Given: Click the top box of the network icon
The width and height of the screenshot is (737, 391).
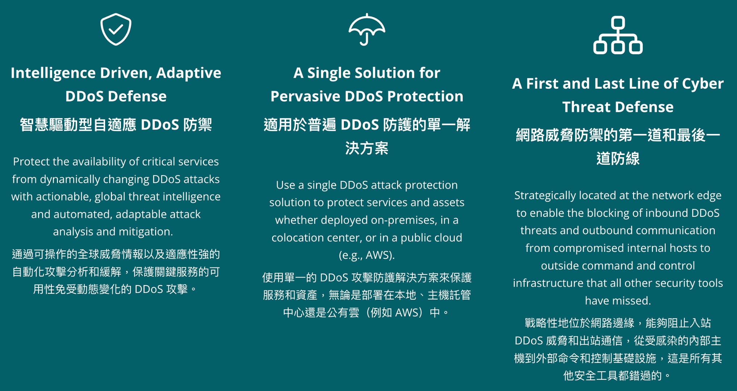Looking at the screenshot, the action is [x=618, y=22].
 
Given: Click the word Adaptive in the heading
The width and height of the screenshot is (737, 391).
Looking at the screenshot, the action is [x=188, y=73].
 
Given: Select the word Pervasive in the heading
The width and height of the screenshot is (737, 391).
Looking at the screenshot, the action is [x=305, y=96].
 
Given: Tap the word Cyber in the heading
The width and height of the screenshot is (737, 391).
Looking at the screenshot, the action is [x=703, y=84].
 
